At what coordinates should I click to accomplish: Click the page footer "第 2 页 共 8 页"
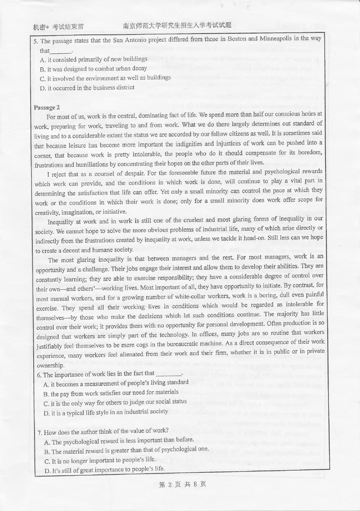pyautogui.click(x=183, y=485)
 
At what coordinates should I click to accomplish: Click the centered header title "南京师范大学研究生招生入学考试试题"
pyautogui.click(x=177, y=26)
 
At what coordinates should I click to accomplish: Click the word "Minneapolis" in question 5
pyautogui.click(x=276, y=39)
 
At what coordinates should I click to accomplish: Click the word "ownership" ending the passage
pyautogui.click(x=50, y=366)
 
